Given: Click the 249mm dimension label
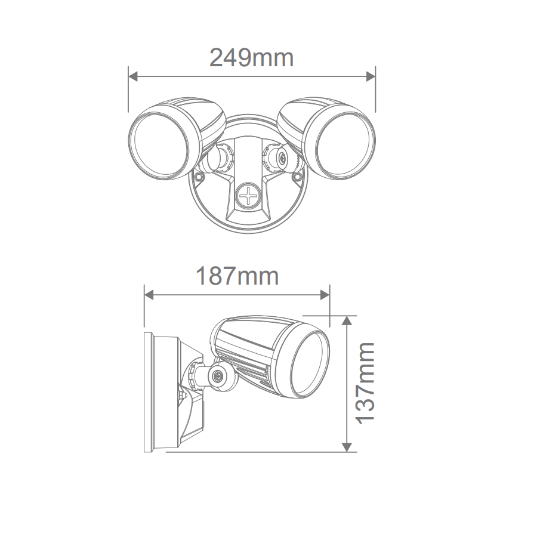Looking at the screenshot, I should [251, 58].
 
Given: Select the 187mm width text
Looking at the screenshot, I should [237, 276].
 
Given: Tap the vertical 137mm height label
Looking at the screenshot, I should [365, 382].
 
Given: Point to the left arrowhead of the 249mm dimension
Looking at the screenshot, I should [133, 76].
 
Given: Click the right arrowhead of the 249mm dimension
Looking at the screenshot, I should [371, 76].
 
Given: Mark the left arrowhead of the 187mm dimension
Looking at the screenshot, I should [149, 294].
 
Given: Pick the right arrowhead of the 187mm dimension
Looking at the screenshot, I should [325, 294].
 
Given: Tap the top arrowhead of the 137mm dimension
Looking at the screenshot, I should [347, 320].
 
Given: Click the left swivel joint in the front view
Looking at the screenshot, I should [216, 158].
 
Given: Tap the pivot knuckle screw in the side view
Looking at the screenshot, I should [218, 376].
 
